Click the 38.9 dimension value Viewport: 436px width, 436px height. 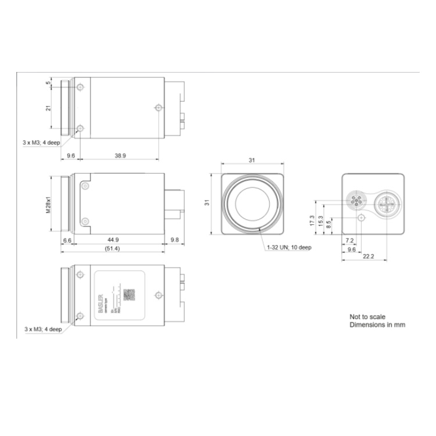coord(121,156)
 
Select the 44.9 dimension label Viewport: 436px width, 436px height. coord(113,240)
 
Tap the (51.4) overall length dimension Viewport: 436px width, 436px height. coord(113,249)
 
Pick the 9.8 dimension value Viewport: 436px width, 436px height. coord(174,240)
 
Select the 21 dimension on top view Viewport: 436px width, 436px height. coord(49,107)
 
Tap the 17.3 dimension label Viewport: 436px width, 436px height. coord(313,220)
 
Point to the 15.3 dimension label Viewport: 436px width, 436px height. coord(321,223)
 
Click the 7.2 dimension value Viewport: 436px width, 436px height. coord(349,240)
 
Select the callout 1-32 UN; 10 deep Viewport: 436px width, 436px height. coord(290,247)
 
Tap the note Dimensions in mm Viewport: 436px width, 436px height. coord(377,325)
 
